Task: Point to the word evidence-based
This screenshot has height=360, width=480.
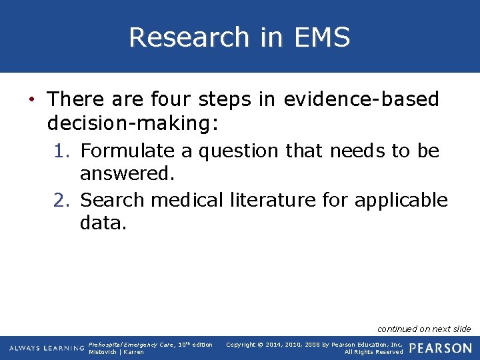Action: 361,99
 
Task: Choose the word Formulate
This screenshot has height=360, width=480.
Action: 127,151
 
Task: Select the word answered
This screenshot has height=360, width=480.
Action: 127,174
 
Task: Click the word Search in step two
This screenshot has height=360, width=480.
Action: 113,199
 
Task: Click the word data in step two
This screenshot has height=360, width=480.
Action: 103,222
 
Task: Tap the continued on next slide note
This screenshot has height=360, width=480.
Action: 424,329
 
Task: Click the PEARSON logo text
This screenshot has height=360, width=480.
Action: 441,348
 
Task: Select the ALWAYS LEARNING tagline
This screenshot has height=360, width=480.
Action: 47,349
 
